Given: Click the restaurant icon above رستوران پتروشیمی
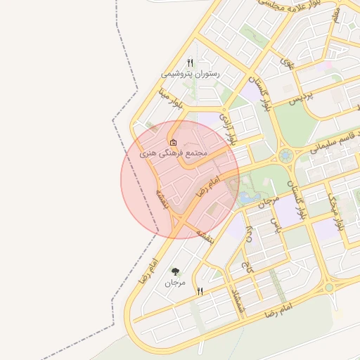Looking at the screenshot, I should click(x=190, y=63).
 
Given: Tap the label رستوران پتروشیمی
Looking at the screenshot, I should click(x=190, y=74).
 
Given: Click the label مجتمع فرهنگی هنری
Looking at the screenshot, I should click(x=173, y=153).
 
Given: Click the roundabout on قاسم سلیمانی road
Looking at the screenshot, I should click(x=285, y=155).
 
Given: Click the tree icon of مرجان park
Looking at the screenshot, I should click(x=175, y=271).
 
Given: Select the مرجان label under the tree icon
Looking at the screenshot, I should click(x=175, y=283).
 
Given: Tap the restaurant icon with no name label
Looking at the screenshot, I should click(x=200, y=291).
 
